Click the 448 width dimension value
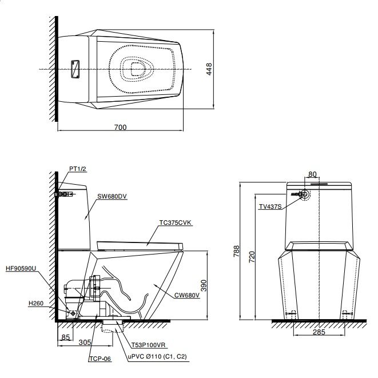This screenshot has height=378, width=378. (209, 69)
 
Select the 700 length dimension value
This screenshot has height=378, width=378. (120, 127)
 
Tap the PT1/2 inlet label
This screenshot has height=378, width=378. (77, 169)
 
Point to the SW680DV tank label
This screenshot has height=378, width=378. (112, 196)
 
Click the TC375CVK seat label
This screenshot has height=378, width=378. (175, 224)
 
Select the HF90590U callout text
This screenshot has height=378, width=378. (21, 268)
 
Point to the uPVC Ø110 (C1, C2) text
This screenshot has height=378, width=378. (157, 356)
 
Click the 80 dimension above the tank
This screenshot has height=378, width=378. (312, 174)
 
